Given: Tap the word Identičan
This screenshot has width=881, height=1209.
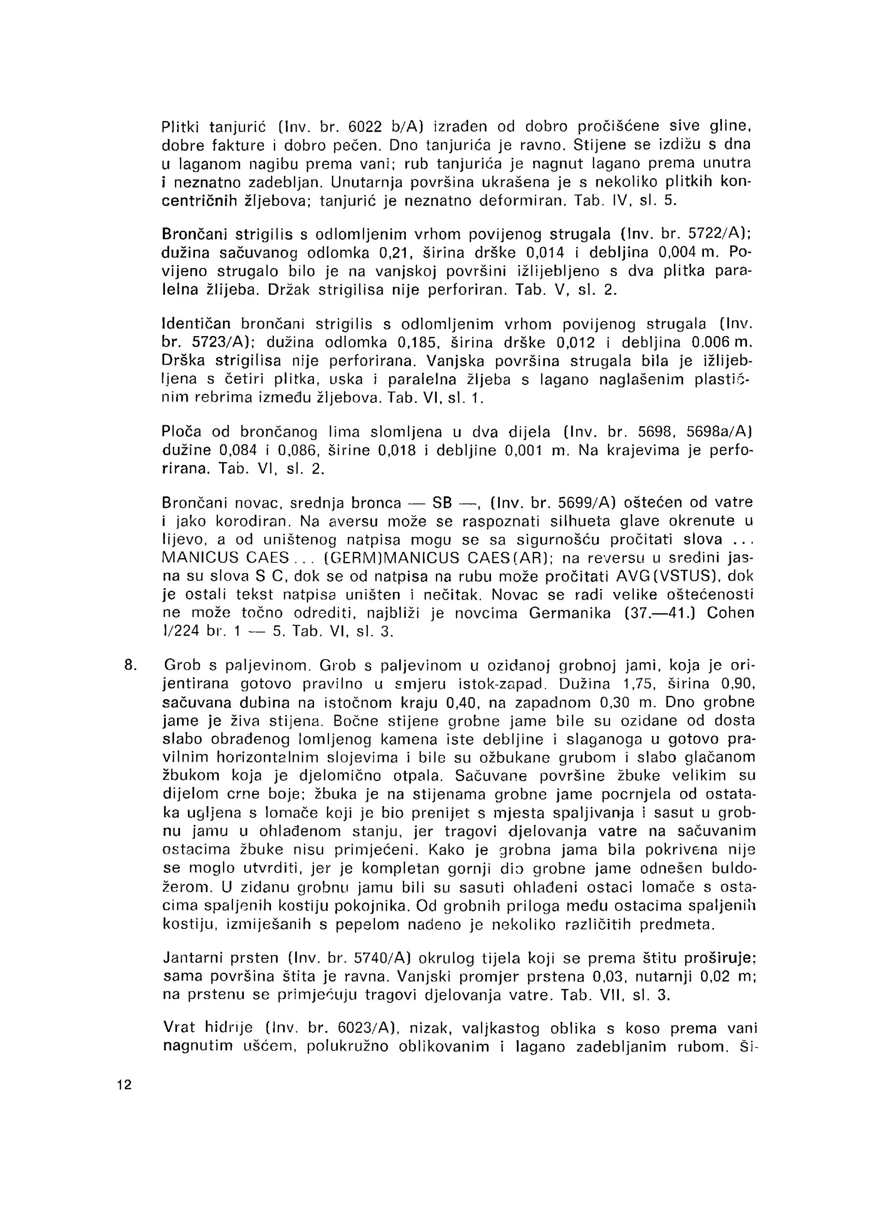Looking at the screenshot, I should pos(196,324).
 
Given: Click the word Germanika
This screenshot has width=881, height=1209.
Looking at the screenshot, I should pos(569,613).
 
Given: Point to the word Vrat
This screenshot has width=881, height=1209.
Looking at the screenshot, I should pos(179,1029).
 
